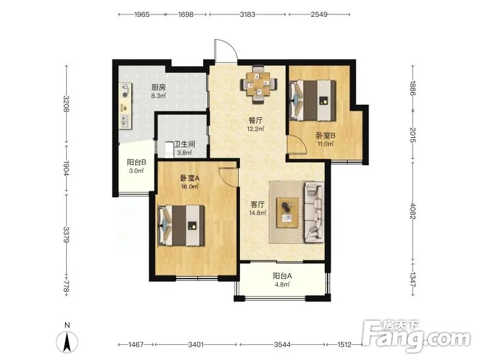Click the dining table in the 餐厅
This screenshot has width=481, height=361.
(x=259, y=84)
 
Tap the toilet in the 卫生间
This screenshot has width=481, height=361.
(x=170, y=149)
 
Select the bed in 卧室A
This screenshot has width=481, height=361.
(x=182, y=226)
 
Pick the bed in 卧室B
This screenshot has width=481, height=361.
(x=312, y=100)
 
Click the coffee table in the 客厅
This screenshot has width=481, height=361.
(x=288, y=213)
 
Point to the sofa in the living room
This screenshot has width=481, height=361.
(x=314, y=212)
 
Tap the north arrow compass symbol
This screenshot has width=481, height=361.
(x=67, y=341)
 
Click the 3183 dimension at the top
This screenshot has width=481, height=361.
(x=248, y=14)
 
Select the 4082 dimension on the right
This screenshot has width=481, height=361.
(x=413, y=211)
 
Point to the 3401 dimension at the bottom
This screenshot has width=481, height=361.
(x=196, y=344)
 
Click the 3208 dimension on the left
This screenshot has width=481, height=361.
(x=66, y=103)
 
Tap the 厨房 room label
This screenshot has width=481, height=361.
(x=159, y=88)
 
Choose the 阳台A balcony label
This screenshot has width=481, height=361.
(x=282, y=276)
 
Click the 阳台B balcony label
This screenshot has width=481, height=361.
(x=136, y=162)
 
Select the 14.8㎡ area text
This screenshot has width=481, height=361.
(x=258, y=213)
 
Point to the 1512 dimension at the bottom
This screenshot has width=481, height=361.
(x=344, y=344)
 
